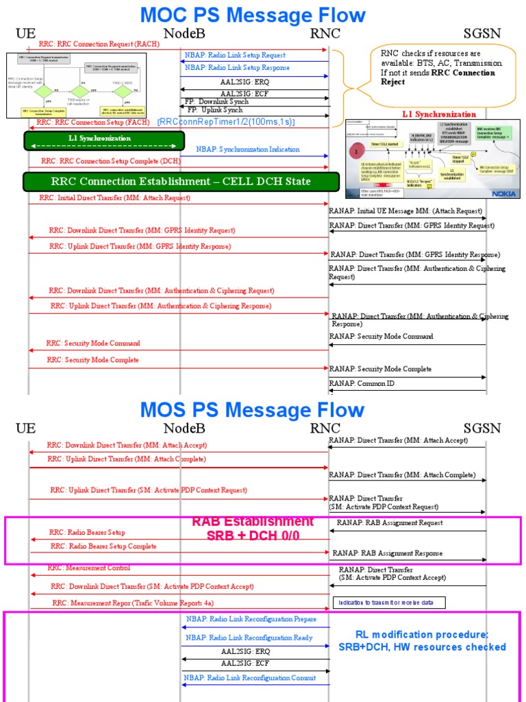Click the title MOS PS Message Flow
coord(252,410)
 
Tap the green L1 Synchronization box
coord(104,141)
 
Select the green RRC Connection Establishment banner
coord(181,182)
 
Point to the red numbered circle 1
coord(356,150)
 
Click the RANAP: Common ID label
coord(362,384)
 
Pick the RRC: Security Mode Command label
coord(93,343)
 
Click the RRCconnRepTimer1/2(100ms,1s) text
coord(226,121)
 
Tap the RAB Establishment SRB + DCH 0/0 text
coord(253,529)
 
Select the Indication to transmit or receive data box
coord(388,603)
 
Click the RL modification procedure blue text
coord(422,640)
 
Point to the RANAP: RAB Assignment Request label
coord(390,523)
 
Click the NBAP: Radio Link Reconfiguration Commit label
coord(249,678)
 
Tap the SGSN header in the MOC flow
coord(482,33)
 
